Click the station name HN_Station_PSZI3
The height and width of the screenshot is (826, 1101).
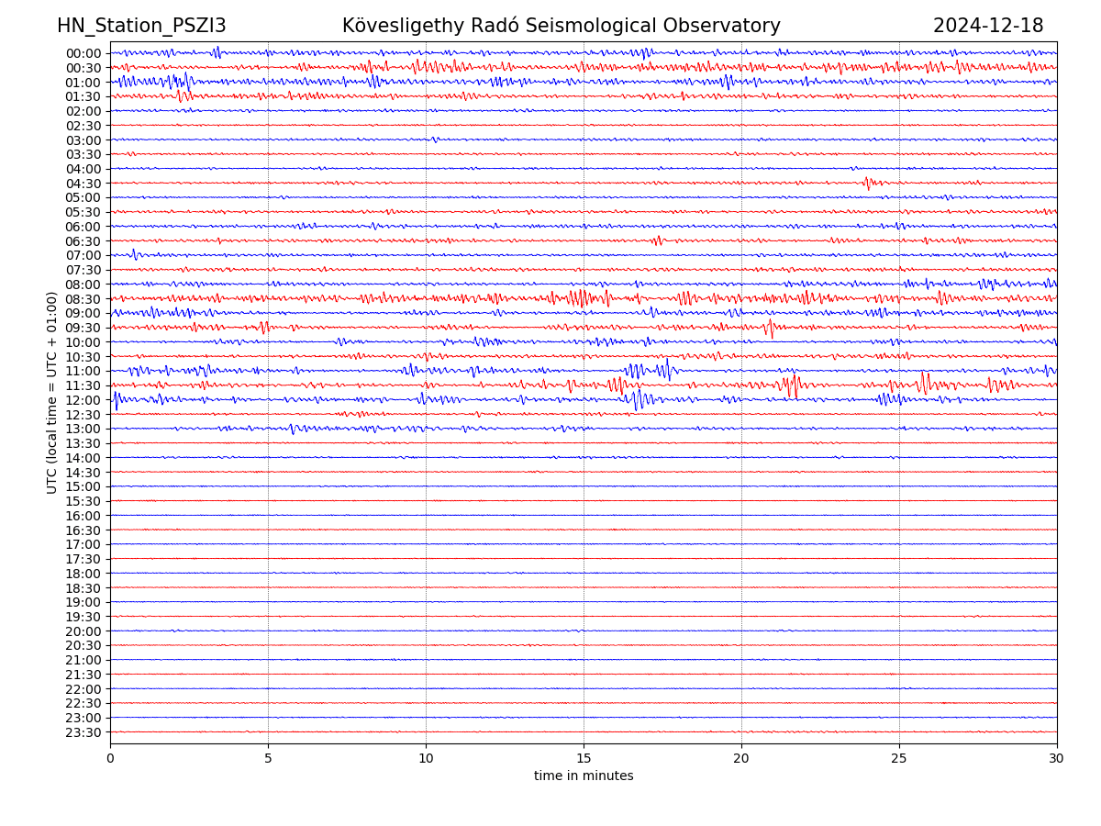tap(141, 26)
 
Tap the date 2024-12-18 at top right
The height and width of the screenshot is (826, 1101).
tap(988, 26)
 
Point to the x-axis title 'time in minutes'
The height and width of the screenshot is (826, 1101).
tap(584, 776)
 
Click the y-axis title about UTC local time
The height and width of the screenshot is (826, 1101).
tap(52, 392)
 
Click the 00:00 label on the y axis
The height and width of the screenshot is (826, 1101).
tap(83, 53)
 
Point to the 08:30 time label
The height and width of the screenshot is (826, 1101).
tap(83, 299)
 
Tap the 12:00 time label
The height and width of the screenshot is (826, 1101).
tap(83, 400)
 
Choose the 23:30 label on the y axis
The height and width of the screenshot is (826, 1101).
tap(83, 732)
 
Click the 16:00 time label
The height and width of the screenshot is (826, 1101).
tap(83, 516)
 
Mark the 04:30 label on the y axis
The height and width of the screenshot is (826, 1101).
tap(83, 184)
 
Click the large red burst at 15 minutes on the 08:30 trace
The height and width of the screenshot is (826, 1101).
tap(579, 298)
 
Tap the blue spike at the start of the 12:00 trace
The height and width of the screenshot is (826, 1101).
tap(116, 400)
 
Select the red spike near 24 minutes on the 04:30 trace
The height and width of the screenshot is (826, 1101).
tap(867, 184)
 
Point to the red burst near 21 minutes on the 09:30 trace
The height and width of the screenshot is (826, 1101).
tap(770, 328)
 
